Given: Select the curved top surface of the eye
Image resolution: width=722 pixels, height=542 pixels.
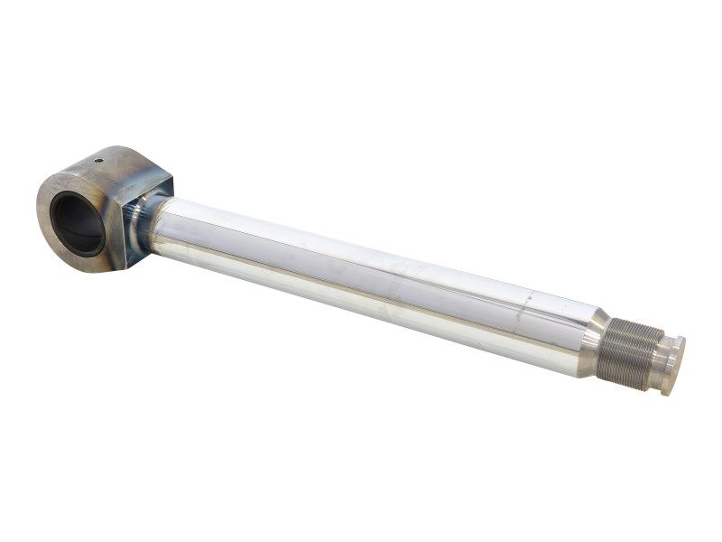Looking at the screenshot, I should click(x=117, y=158).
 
